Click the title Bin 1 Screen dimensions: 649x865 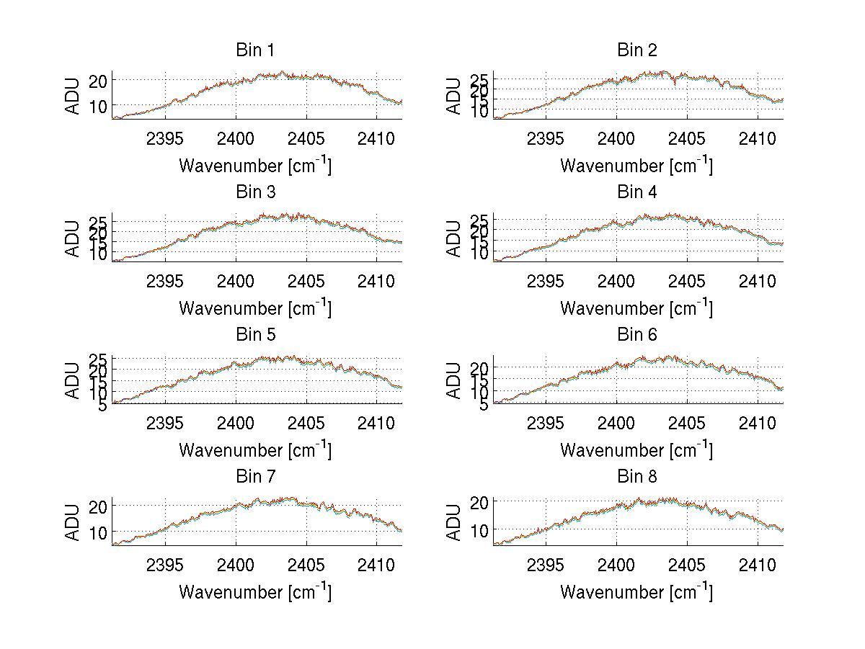coord(255,50)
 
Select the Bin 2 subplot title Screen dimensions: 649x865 coord(637,50)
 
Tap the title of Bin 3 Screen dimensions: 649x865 coord(255,192)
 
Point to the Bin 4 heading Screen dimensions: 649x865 coord(637,192)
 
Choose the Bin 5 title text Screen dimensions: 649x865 coord(255,334)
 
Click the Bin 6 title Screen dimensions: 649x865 coord(637,334)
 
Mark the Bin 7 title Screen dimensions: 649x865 coord(255,476)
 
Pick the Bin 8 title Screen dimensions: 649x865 coord(637,476)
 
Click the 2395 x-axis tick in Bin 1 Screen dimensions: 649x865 coord(165,138)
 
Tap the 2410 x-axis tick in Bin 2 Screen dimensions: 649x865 coord(758,138)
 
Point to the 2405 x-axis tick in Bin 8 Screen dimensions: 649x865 coord(687,565)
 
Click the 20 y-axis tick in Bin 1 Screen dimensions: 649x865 coord(98,80)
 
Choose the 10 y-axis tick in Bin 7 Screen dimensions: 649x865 coord(98,532)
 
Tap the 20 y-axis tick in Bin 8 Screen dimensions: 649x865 coord(479,501)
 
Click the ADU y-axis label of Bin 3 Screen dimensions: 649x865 coord(74,238)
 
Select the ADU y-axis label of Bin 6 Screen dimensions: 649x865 coord(454,380)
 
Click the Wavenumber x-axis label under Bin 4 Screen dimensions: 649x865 coord(636,308)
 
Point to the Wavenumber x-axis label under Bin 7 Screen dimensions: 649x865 coord(255,591)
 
